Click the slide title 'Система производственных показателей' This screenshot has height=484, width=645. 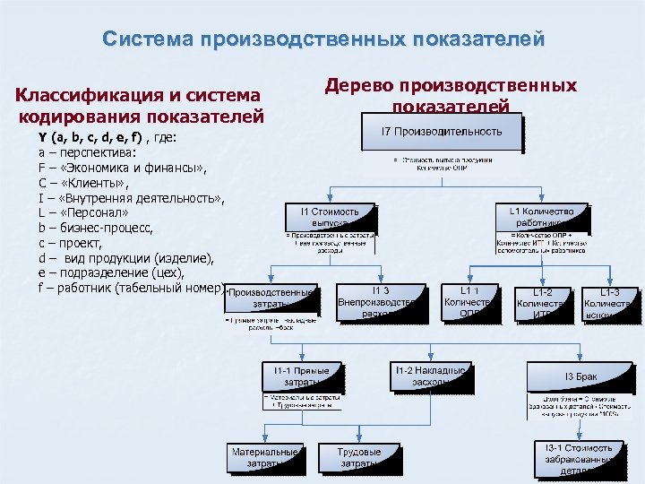322,40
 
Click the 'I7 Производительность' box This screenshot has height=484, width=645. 443,132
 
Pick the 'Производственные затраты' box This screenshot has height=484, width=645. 271,298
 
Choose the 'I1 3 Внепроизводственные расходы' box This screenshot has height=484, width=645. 380,301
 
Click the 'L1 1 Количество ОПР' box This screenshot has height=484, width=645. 469,301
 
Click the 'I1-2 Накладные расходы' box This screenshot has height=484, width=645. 429,376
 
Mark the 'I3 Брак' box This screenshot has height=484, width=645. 580,376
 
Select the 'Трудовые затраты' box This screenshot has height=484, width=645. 359,457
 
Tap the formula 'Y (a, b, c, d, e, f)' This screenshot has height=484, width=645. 90,138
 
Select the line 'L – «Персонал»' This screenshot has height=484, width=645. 83,213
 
